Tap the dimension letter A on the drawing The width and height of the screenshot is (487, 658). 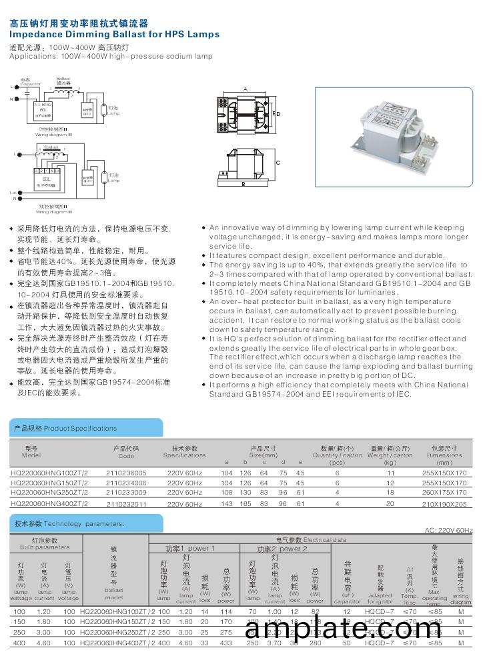pos(245,89)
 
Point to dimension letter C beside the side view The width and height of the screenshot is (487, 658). pos(278,162)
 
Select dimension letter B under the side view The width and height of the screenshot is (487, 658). pos(243,183)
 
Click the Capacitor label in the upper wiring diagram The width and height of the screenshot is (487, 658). pos(30,85)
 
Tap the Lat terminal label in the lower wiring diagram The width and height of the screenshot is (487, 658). pos(13,193)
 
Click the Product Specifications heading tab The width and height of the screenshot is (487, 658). pos(65,428)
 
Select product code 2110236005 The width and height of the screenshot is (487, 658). pos(126,473)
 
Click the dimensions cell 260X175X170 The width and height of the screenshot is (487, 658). pos(444,493)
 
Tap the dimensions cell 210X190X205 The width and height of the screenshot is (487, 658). pos(444,504)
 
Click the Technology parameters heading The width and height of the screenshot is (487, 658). pos(69,523)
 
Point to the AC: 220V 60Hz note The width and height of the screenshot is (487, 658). pos(448,530)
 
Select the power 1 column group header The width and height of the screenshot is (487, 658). pos(190,548)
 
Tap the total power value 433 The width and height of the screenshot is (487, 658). pos(226,643)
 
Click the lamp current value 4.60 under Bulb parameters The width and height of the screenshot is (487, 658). pos(43,643)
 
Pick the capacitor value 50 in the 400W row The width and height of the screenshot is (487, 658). pos(346,643)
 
